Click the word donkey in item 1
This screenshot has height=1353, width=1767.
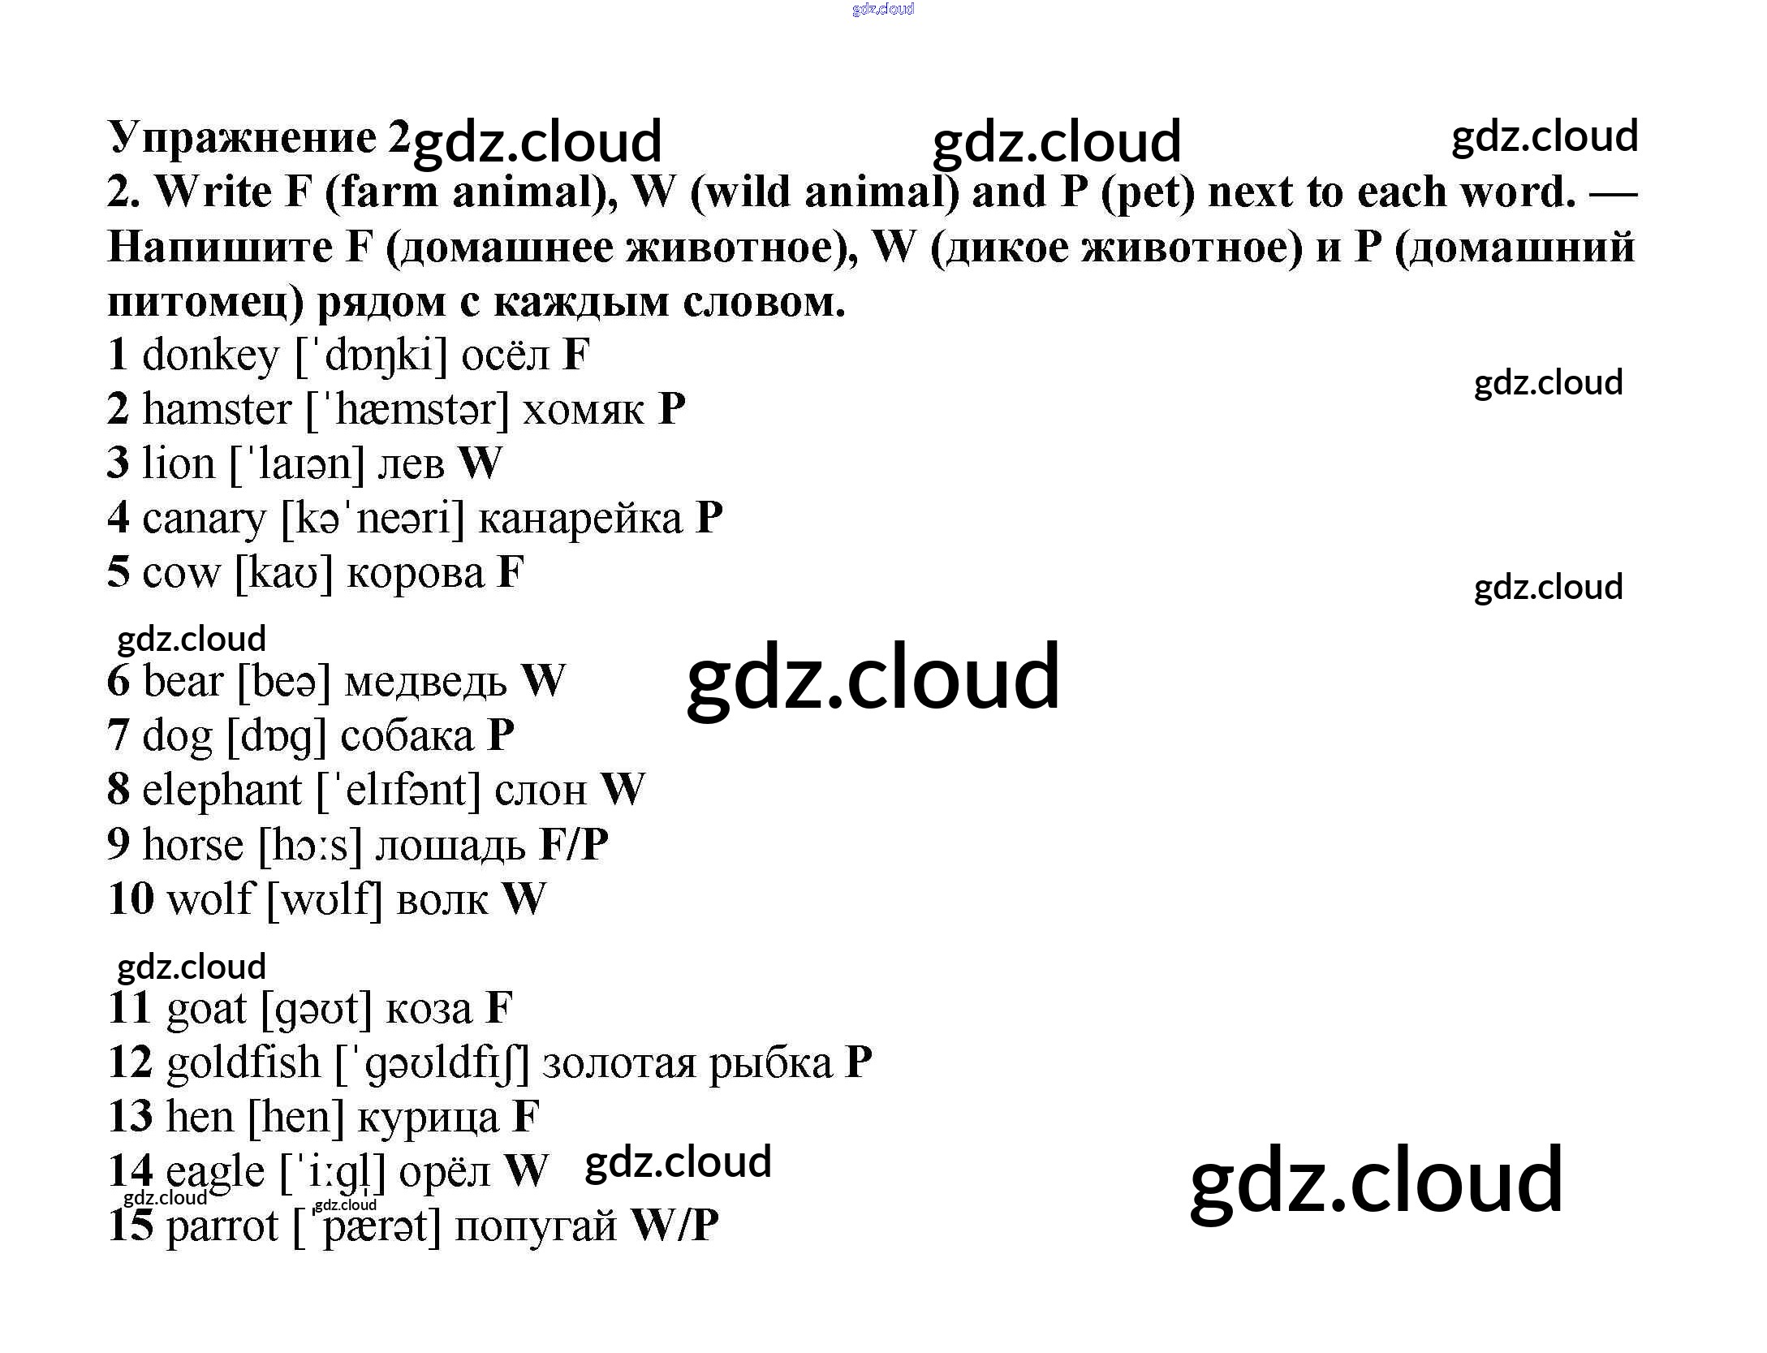210,356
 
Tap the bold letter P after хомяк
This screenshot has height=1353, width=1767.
671,409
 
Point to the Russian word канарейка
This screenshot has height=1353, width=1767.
580,519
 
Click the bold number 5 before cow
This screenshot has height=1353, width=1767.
119,572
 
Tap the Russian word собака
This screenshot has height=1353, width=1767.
407,736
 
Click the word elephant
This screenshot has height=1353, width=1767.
222,790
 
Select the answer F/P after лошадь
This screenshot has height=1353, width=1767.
573,845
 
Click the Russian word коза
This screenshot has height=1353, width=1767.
428,1009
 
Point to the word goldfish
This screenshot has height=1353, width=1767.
244,1063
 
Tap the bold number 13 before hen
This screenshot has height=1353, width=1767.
130,1117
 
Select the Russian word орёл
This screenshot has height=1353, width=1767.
445,1172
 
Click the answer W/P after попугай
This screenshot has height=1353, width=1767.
674,1226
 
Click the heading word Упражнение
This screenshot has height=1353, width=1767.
242,138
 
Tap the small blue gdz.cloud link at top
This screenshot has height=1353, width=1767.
883,9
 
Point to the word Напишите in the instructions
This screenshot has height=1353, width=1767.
220,247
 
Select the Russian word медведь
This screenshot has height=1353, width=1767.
425,682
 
